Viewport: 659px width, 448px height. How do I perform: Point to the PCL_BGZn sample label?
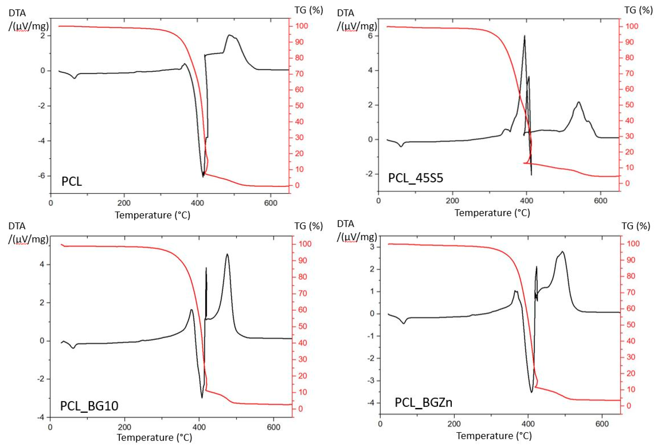pyautogui.click(x=423, y=402)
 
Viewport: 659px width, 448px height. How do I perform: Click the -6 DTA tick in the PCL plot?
pyautogui.click(x=42, y=176)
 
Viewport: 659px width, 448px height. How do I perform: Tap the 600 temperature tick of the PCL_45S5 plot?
pyautogui.click(x=600, y=201)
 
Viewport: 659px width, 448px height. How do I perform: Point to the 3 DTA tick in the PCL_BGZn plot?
pyautogui.click(x=372, y=247)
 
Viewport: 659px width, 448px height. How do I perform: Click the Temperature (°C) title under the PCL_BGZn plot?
pyautogui.click(x=494, y=435)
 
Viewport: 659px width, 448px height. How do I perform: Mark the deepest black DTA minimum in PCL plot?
pyautogui.click(x=203, y=176)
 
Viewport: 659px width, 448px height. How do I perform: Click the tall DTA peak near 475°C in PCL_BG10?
pyautogui.click(x=227, y=254)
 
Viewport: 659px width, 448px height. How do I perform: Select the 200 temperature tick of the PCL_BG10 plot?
pyautogui.click(x=124, y=427)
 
